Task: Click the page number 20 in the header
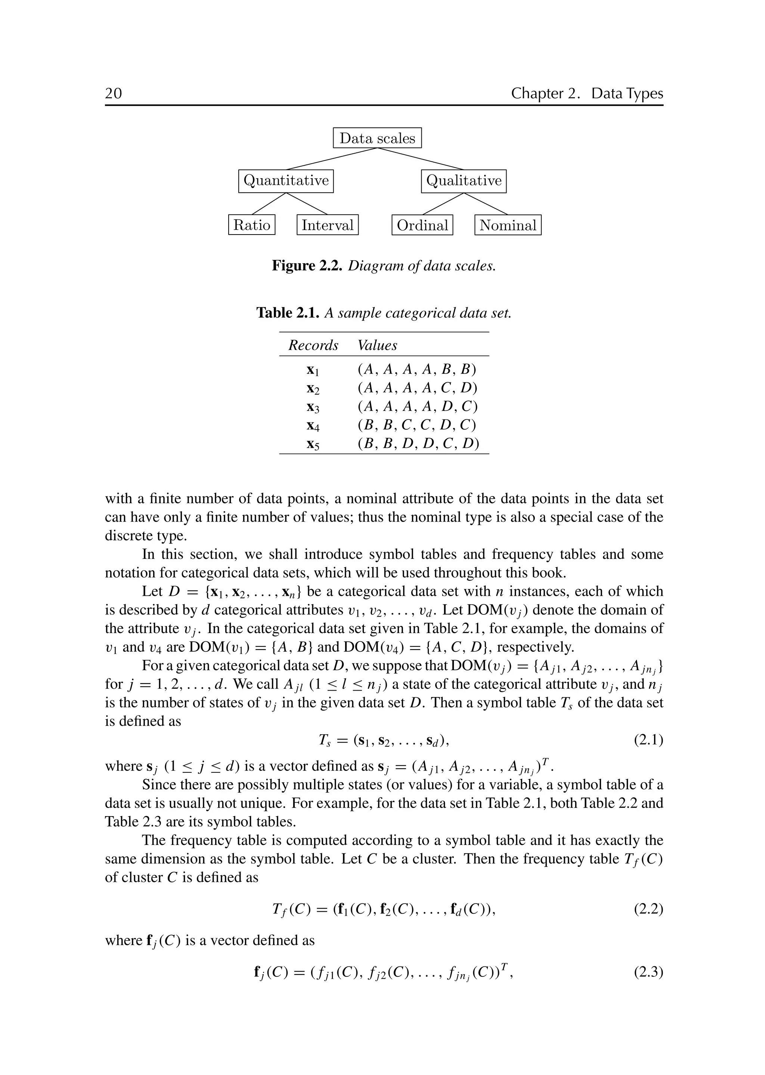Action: [114, 93]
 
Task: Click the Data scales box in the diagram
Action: [377, 138]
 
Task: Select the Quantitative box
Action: [286, 181]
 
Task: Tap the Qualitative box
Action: [464, 181]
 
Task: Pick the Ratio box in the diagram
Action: [251, 225]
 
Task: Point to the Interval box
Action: [327, 225]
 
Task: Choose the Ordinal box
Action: [422, 225]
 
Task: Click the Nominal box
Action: [508, 225]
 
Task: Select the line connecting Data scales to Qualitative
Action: [421, 159]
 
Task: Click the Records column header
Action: [313, 345]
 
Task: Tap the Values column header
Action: [377, 345]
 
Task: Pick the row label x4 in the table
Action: [313, 426]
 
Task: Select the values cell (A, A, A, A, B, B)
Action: [417, 369]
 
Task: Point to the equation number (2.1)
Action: [648, 741]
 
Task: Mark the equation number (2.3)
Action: [648, 972]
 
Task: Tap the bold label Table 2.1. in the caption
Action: [288, 313]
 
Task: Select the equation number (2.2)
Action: [648, 909]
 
